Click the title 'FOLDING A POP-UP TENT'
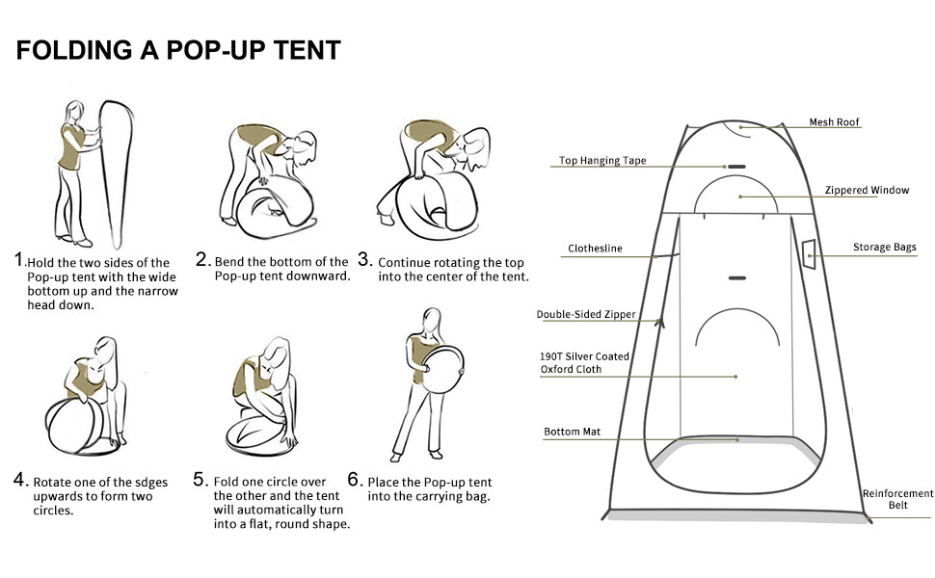(178, 50)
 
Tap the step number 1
(19, 260)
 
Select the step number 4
(20, 480)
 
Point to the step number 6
(354, 480)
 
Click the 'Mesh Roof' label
(834, 122)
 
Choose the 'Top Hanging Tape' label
(602, 160)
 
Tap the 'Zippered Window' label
(867, 190)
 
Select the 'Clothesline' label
(595, 249)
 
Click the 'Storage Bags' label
(884, 248)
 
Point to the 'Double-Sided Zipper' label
(586, 314)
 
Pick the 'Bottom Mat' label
(572, 432)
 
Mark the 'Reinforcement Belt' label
(898, 499)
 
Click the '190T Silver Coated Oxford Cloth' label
(584, 363)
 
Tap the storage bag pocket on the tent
(809, 254)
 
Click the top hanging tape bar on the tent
(737, 167)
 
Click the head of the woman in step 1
(74, 112)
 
